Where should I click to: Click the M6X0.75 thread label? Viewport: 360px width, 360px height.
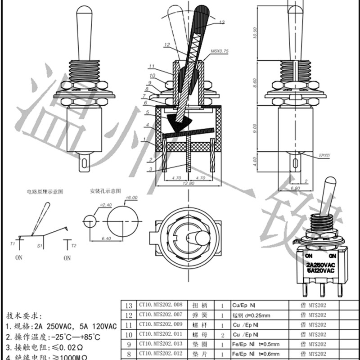[x=220, y=52]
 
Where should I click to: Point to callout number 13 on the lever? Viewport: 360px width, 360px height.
[x=221, y=22]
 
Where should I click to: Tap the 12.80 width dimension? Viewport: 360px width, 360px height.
[x=189, y=183]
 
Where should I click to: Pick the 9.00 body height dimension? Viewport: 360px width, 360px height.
[x=255, y=127]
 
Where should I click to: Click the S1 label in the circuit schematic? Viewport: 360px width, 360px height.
[x=39, y=246]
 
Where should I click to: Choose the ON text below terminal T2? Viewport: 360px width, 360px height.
[x=67, y=258]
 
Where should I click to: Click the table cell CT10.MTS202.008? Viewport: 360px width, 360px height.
[x=161, y=305]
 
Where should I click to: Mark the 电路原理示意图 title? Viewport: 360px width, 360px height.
[x=45, y=191]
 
